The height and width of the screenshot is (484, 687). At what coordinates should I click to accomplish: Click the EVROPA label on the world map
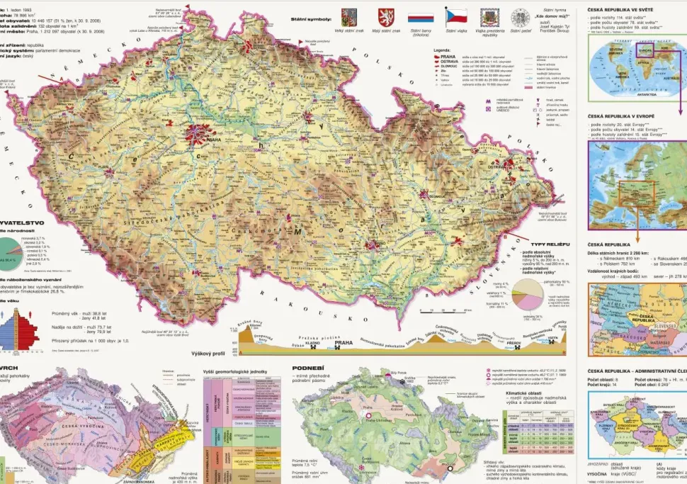[646, 51]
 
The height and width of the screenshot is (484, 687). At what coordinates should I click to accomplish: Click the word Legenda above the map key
[443, 51]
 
